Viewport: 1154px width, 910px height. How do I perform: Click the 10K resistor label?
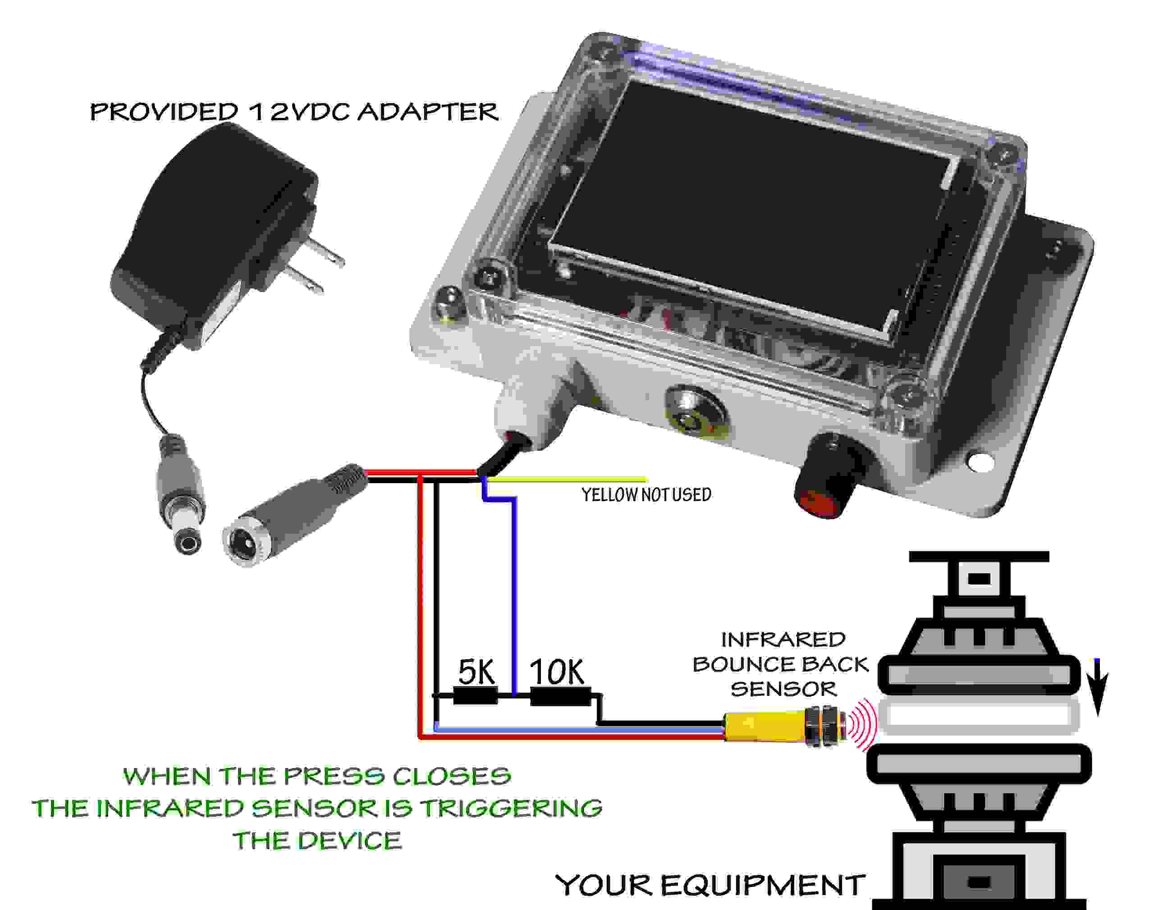[x=557, y=672]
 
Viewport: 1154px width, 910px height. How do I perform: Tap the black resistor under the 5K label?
[x=475, y=696]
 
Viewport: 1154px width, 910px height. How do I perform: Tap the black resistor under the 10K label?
[x=560, y=696]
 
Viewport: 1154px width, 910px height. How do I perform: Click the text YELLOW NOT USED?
[x=646, y=495]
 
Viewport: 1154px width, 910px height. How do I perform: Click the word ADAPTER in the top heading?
[x=427, y=112]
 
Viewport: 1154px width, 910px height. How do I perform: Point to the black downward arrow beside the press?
[x=1099, y=687]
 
